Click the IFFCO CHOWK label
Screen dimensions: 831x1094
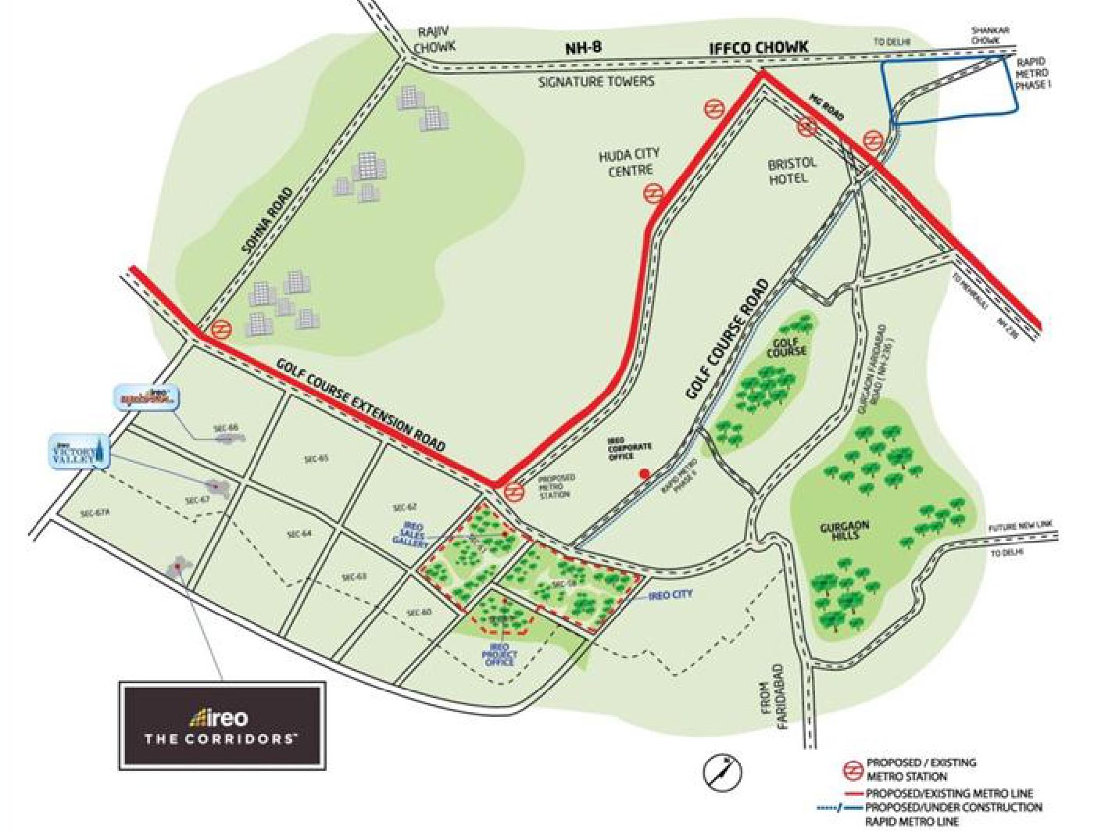(x=758, y=48)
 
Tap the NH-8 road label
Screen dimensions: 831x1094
(x=583, y=48)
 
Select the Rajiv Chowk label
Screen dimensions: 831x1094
(x=434, y=40)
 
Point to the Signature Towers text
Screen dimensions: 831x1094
(x=596, y=81)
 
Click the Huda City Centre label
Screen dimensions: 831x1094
(x=629, y=162)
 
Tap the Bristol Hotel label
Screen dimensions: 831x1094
(x=792, y=170)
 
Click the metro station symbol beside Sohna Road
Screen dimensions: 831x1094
(x=220, y=330)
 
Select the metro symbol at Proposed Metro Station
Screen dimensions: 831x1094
(x=513, y=492)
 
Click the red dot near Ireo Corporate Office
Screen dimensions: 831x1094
(x=644, y=474)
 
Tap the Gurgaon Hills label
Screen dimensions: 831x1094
(x=845, y=531)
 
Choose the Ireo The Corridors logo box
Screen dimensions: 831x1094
(x=222, y=725)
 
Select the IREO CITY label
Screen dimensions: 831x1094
(x=670, y=596)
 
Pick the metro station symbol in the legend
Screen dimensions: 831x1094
(x=851, y=769)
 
